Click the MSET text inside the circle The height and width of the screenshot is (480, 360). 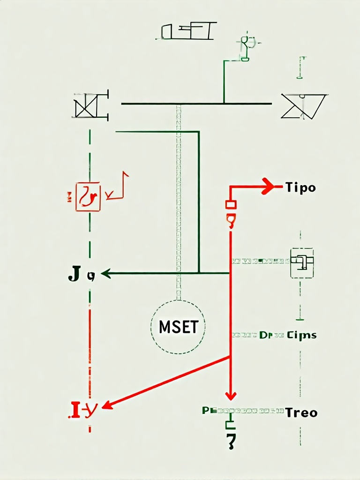coord(178,327)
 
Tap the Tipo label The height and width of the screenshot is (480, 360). coord(300,188)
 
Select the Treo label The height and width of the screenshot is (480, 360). coord(301,413)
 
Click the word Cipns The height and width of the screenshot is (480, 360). coord(301,335)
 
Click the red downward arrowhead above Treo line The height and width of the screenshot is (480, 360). coord(230,395)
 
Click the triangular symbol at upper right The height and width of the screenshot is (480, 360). coord(303,105)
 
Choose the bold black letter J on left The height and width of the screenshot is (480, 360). coord(74,274)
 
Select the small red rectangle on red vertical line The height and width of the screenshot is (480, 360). coord(231,204)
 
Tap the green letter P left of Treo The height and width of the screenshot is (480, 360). coord(205,411)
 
